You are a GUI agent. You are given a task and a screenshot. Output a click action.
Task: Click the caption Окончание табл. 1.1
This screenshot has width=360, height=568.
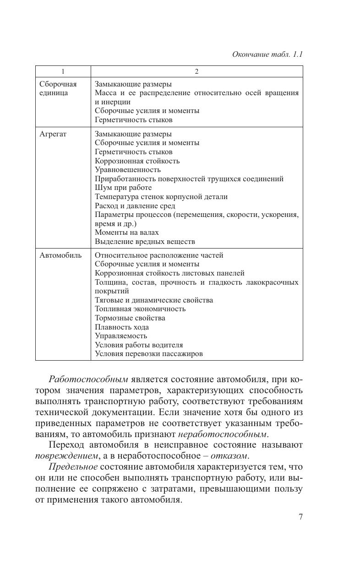pos(267,54)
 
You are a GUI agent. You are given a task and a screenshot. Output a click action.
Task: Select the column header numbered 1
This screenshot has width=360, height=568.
pos(63,71)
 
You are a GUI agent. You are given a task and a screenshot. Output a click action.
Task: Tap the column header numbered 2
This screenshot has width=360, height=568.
pos(196,71)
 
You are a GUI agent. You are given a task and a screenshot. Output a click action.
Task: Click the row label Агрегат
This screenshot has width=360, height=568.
pos(53,134)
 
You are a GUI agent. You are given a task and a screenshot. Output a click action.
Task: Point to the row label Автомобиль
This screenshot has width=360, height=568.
pos(60,255)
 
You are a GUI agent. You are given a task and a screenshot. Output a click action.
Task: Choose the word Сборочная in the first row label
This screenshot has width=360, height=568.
pos(58,84)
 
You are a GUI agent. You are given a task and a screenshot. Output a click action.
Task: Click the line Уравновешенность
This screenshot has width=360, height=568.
pos(128,170)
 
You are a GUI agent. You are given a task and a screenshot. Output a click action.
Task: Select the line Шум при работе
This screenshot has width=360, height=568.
pos(123,188)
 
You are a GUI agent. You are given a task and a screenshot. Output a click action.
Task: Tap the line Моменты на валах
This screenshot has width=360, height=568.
pos(127,233)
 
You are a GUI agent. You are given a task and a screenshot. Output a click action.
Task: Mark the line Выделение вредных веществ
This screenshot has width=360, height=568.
pos(145,241)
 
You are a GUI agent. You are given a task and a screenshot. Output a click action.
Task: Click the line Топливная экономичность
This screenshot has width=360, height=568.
pos(140,309)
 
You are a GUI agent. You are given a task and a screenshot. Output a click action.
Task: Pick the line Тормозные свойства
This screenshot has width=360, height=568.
pos(130,318)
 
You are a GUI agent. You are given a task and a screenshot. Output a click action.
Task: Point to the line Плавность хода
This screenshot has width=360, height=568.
pos(122,327)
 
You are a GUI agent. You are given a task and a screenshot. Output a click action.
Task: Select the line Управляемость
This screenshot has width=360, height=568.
pos(121,336)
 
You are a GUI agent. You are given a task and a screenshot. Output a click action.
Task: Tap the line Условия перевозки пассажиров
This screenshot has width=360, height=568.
pos(149,354)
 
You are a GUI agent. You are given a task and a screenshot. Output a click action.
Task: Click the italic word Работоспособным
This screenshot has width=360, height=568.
pos(88,380)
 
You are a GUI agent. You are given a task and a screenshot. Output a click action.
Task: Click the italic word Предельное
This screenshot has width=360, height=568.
pos(73,467)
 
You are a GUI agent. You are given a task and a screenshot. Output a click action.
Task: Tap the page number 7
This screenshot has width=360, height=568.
pos(300,517)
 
